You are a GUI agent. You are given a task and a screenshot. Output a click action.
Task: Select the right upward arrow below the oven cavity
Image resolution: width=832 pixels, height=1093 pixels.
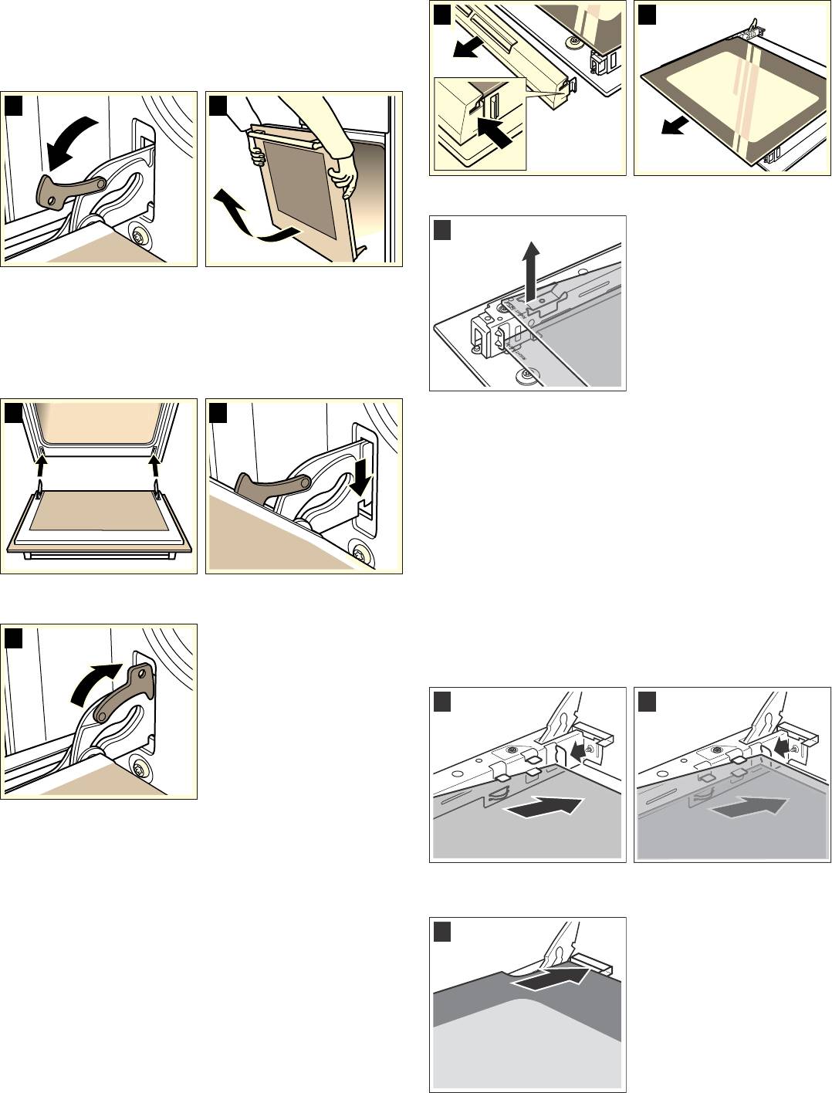pyautogui.click(x=154, y=466)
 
